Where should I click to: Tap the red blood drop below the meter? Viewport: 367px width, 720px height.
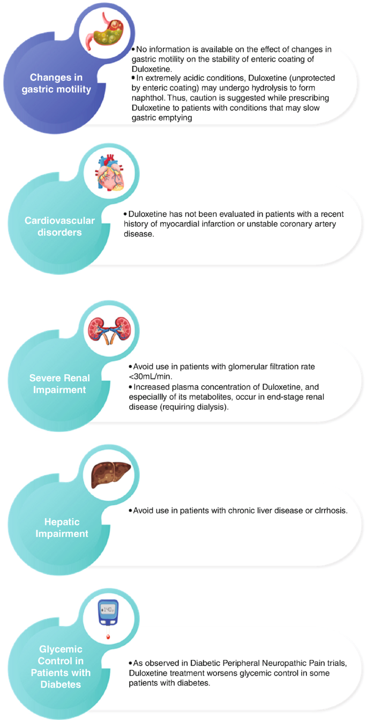pyautogui.click(x=109, y=637)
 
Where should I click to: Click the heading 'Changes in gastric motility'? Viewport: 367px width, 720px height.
pyautogui.click(x=60, y=82)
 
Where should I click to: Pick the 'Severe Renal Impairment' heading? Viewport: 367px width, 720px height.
pyautogui.click(x=59, y=383)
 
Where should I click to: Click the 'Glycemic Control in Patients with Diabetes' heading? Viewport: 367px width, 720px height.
pyautogui.click(x=61, y=666)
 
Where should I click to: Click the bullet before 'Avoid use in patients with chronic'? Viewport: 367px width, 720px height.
pyautogui.click(x=131, y=510)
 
